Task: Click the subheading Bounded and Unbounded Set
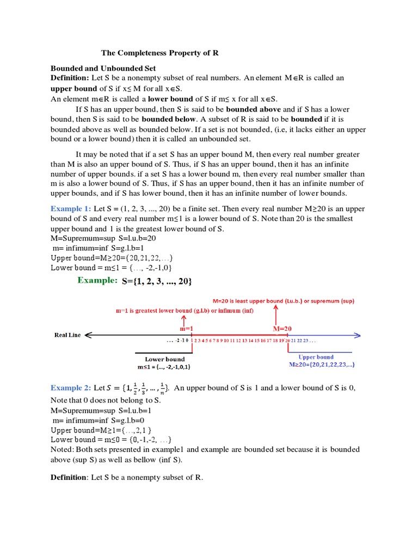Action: (103, 69)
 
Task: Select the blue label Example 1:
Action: (71, 209)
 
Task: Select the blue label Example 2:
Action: (71, 388)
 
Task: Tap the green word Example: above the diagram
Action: (97, 281)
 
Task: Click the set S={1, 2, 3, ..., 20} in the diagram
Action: (157, 281)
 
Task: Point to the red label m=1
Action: (187, 329)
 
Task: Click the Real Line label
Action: (67, 335)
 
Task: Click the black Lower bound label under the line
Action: (164, 359)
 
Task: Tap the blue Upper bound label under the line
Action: (316, 357)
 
